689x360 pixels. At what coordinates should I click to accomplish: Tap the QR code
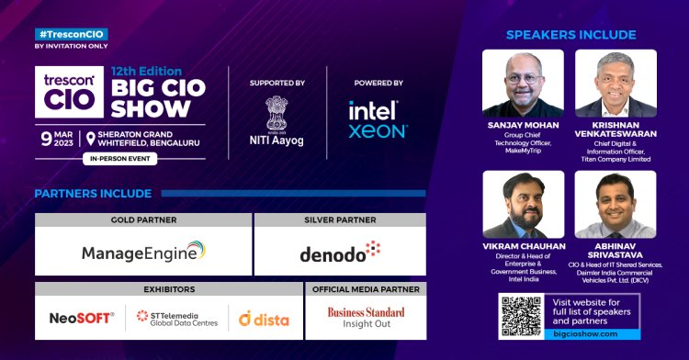pyautogui.click(x=517, y=316)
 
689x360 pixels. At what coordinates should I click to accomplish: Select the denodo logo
pyautogui.click(x=339, y=252)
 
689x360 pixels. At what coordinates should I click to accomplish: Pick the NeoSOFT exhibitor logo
pyautogui.click(x=82, y=318)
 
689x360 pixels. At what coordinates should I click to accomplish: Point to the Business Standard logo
pyautogui.click(x=366, y=318)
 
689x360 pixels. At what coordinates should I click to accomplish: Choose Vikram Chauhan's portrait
pyautogui.click(x=523, y=204)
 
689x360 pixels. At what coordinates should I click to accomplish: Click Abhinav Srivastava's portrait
pyautogui.click(x=615, y=204)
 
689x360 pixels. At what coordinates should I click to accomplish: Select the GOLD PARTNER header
pyautogui.click(x=142, y=220)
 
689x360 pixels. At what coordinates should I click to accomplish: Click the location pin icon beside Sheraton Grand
pyautogui.click(x=90, y=138)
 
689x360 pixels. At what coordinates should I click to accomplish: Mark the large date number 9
pyautogui.click(x=44, y=138)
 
